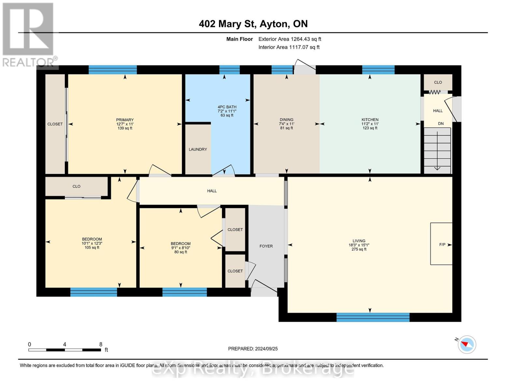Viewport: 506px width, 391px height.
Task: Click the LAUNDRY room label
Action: coord(198,149)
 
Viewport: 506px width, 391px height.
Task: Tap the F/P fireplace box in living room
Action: coord(441,244)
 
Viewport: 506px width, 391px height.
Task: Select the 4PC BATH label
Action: coord(227,107)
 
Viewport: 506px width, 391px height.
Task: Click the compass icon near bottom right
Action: coord(467,344)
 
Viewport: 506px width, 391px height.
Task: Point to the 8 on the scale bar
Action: coord(101,344)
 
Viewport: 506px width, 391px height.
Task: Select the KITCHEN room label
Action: coord(370,120)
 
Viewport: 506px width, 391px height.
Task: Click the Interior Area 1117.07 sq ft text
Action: coord(289,47)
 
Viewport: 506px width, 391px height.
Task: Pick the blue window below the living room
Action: coord(373,317)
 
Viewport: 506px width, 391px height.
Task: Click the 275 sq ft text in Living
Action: coord(359,249)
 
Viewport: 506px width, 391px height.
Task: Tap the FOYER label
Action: coord(266,246)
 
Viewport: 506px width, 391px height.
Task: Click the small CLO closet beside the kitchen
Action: coord(438,82)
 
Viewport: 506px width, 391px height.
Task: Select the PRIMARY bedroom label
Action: coord(125,120)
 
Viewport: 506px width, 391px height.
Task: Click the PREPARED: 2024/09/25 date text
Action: coord(253,349)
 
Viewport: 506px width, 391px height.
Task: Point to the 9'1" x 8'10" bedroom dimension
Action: coord(181,248)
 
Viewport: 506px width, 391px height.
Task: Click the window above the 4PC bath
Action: coord(229,70)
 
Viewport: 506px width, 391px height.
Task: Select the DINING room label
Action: coord(286,120)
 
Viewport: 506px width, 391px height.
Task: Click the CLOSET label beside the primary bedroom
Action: coord(55,124)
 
